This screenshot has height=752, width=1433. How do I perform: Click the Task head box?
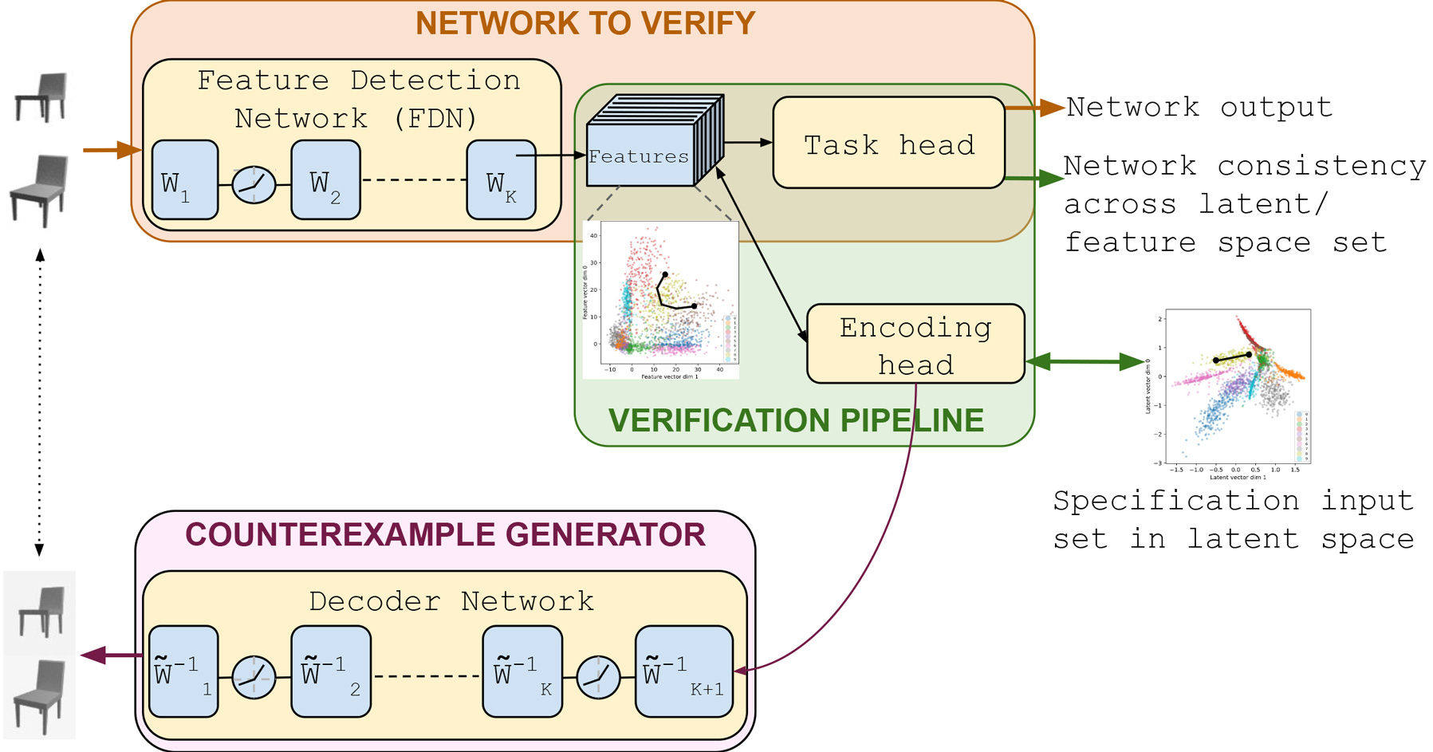[888, 144]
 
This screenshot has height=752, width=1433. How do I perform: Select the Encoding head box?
[915, 345]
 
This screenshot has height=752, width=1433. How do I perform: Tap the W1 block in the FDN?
[184, 180]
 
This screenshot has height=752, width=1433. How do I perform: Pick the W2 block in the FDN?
[325, 180]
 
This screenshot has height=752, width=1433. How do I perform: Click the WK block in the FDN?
[501, 180]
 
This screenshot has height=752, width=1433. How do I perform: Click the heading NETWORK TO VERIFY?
[585, 23]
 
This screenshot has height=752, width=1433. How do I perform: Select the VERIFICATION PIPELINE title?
[796, 420]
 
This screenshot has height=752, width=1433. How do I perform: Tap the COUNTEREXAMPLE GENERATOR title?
[445, 534]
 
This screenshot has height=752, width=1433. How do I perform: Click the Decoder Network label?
[451, 600]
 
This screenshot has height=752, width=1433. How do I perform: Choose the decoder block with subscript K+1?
[683, 671]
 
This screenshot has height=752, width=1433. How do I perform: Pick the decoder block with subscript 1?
[183, 671]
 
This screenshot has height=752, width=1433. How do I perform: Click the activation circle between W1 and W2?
[254, 185]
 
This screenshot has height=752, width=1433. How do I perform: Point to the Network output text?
[1199, 107]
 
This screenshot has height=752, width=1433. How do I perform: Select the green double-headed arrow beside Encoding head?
[1085, 362]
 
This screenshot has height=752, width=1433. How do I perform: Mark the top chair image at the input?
[42, 96]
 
